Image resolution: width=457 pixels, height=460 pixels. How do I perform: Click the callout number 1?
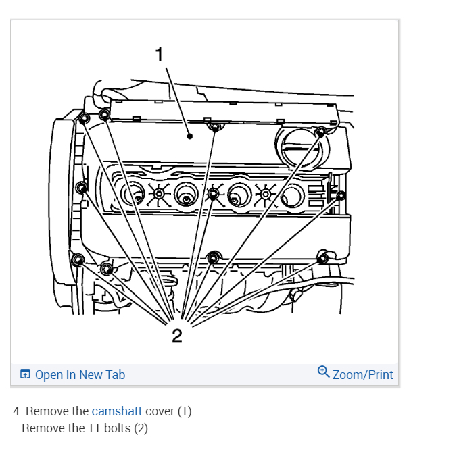pyautogui.click(x=160, y=55)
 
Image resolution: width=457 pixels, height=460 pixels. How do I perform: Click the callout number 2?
pyautogui.click(x=176, y=335)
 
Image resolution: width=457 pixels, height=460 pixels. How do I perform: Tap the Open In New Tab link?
pyautogui.click(x=80, y=374)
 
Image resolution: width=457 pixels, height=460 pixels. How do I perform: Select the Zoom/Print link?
pyautogui.click(x=362, y=374)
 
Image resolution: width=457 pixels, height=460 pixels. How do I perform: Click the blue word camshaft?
pyautogui.click(x=117, y=411)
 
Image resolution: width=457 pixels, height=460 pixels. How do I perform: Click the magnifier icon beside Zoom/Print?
pyautogui.click(x=323, y=372)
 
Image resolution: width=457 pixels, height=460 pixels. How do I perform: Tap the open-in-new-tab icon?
pyautogui.click(x=25, y=374)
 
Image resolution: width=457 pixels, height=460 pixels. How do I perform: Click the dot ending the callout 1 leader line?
pyautogui.click(x=190, y=136)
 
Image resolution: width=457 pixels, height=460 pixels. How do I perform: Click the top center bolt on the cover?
pyautogui.click(x=215, y=127)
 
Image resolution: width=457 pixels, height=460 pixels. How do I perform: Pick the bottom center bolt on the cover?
pyautogui.click(x=214, y=257)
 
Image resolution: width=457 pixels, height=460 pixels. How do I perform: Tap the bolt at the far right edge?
pyautogui.click(x=341, y=196)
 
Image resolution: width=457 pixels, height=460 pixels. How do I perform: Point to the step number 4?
pyautogui.click(x=17, y=411)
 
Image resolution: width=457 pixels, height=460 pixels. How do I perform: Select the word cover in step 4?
pyautogui.click(x=159, y=411)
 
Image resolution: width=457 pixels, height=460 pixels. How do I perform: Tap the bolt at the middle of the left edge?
pyautogui.click(x=82, y=186)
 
